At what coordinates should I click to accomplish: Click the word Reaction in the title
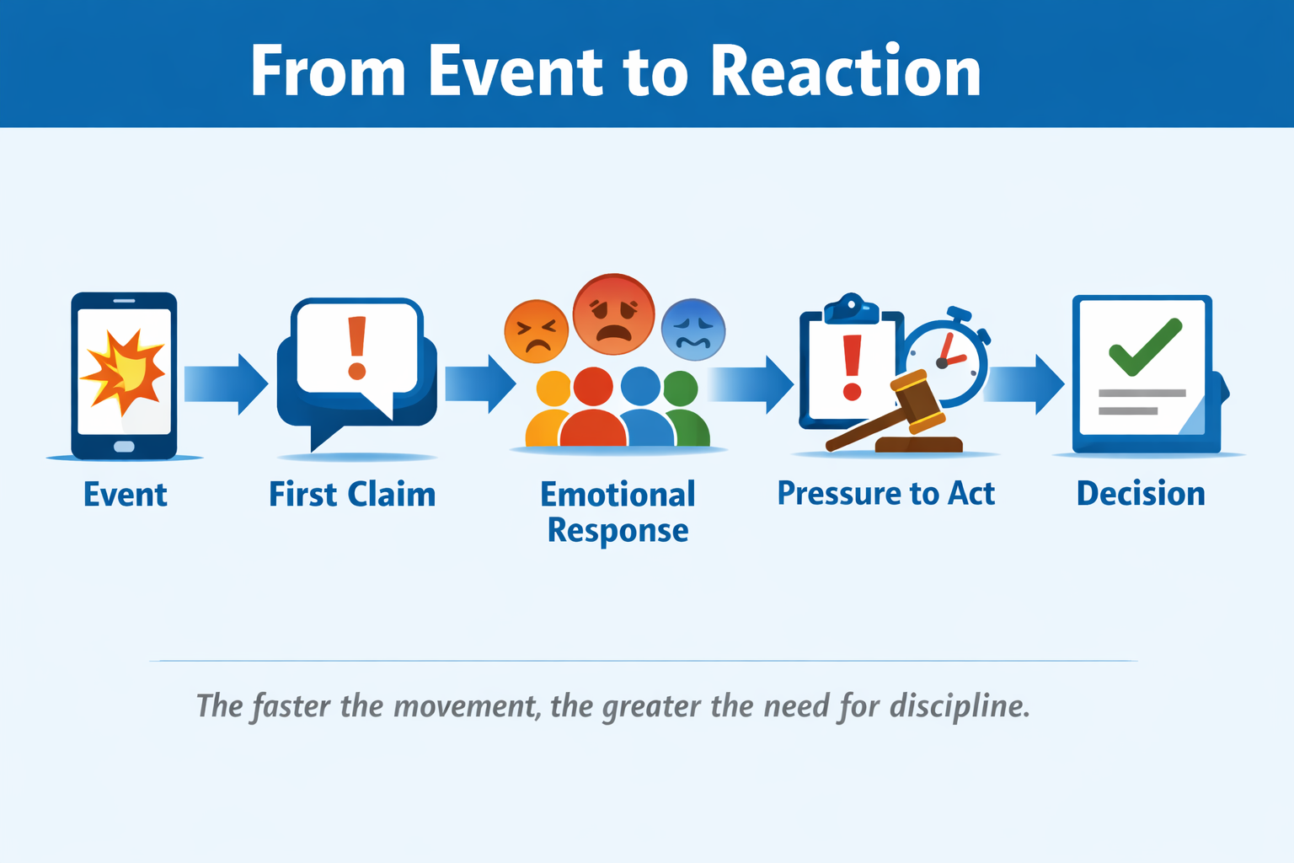(845, 72)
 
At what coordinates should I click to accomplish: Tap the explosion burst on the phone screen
(123, 372)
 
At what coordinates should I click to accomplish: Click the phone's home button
(124, 446)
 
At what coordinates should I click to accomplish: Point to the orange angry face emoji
(536, 331)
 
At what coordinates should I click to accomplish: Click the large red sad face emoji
(613, 314)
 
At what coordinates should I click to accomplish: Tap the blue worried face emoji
(693, 330)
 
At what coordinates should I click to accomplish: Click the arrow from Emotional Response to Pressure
(750, 384)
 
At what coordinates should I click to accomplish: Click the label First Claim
(352, 495)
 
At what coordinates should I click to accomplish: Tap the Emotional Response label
(618, 512)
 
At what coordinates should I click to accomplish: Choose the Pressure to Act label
(885, 494)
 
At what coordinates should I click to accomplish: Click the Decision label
(1141, 494)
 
